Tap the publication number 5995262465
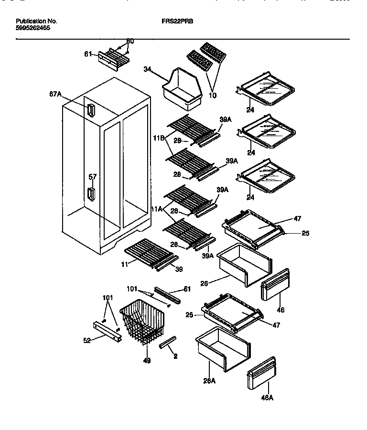[x=32, y=28]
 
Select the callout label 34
[x=147, y=70]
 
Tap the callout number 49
[x=147, y=361]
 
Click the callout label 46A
[x=268, y=398]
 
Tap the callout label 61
[x=88, y=54]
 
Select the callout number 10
[x=213, y=96]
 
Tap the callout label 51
[x=187, y=289]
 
